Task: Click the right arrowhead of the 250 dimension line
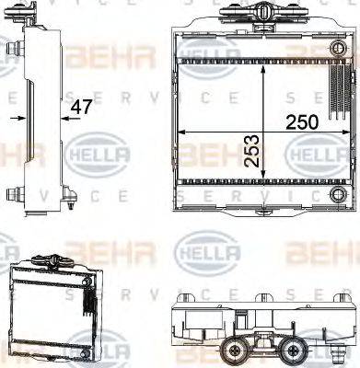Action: pyautogui.click(x=351, y=132)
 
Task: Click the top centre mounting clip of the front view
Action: pyautogui.click(x=262, y=13)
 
